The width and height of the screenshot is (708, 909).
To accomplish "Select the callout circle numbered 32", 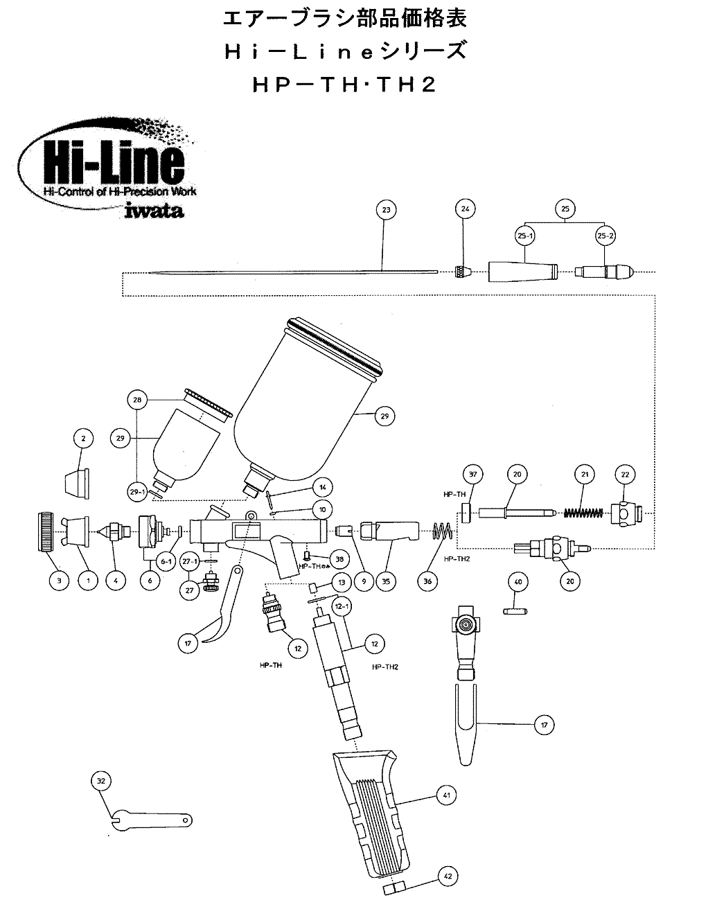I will (101, 781).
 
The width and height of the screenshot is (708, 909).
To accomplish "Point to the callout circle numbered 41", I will (446, 795).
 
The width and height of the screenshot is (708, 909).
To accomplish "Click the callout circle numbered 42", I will (447, 876).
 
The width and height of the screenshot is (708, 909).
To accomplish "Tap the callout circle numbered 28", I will (137, 400).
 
